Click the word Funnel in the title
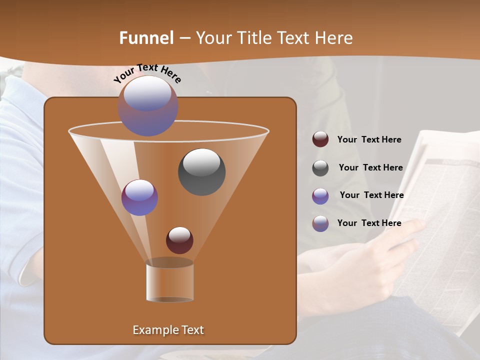tap(146, 38)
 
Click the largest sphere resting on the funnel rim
tap(148, 105)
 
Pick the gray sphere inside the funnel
tap(202, 171)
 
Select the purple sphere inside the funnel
tap(139, 197)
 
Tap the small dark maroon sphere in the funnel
tap(179, 240)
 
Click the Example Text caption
tap(168, 330)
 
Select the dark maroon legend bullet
tap(320, 139)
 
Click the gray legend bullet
tap(320, 167)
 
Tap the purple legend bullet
tap(320, 195)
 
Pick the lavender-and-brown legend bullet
tap(320, 223)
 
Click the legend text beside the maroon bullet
tap(369, 139)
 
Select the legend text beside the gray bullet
tap(370, 167)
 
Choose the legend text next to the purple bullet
tap(371, 195)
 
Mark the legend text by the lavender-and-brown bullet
tap(369, 223)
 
